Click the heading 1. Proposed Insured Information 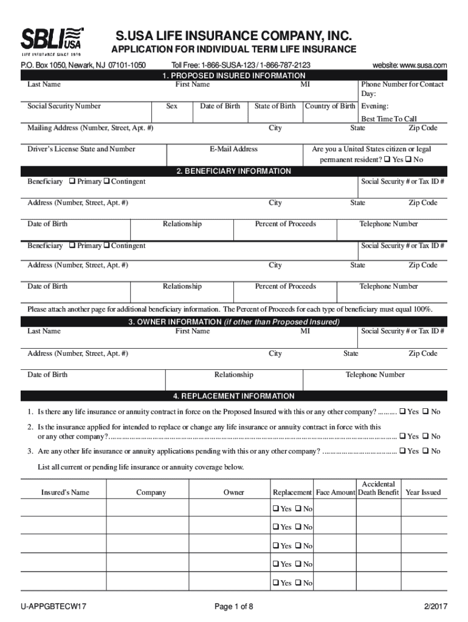tap(233, 75)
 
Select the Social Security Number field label tap(64, 106)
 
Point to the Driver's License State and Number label tap(81, 149)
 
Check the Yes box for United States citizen tap(388, 160)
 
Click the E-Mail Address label tap(233, 149)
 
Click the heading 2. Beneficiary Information tap(233, 171)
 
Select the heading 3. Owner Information tap(233, 321)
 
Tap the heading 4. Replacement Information tap(233, 396)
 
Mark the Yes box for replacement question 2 tap(402, 436)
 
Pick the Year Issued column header tap(423, 492)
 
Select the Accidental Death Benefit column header tap(378, 488)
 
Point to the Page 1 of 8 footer tap(233, 606)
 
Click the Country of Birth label tap(330, 106)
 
